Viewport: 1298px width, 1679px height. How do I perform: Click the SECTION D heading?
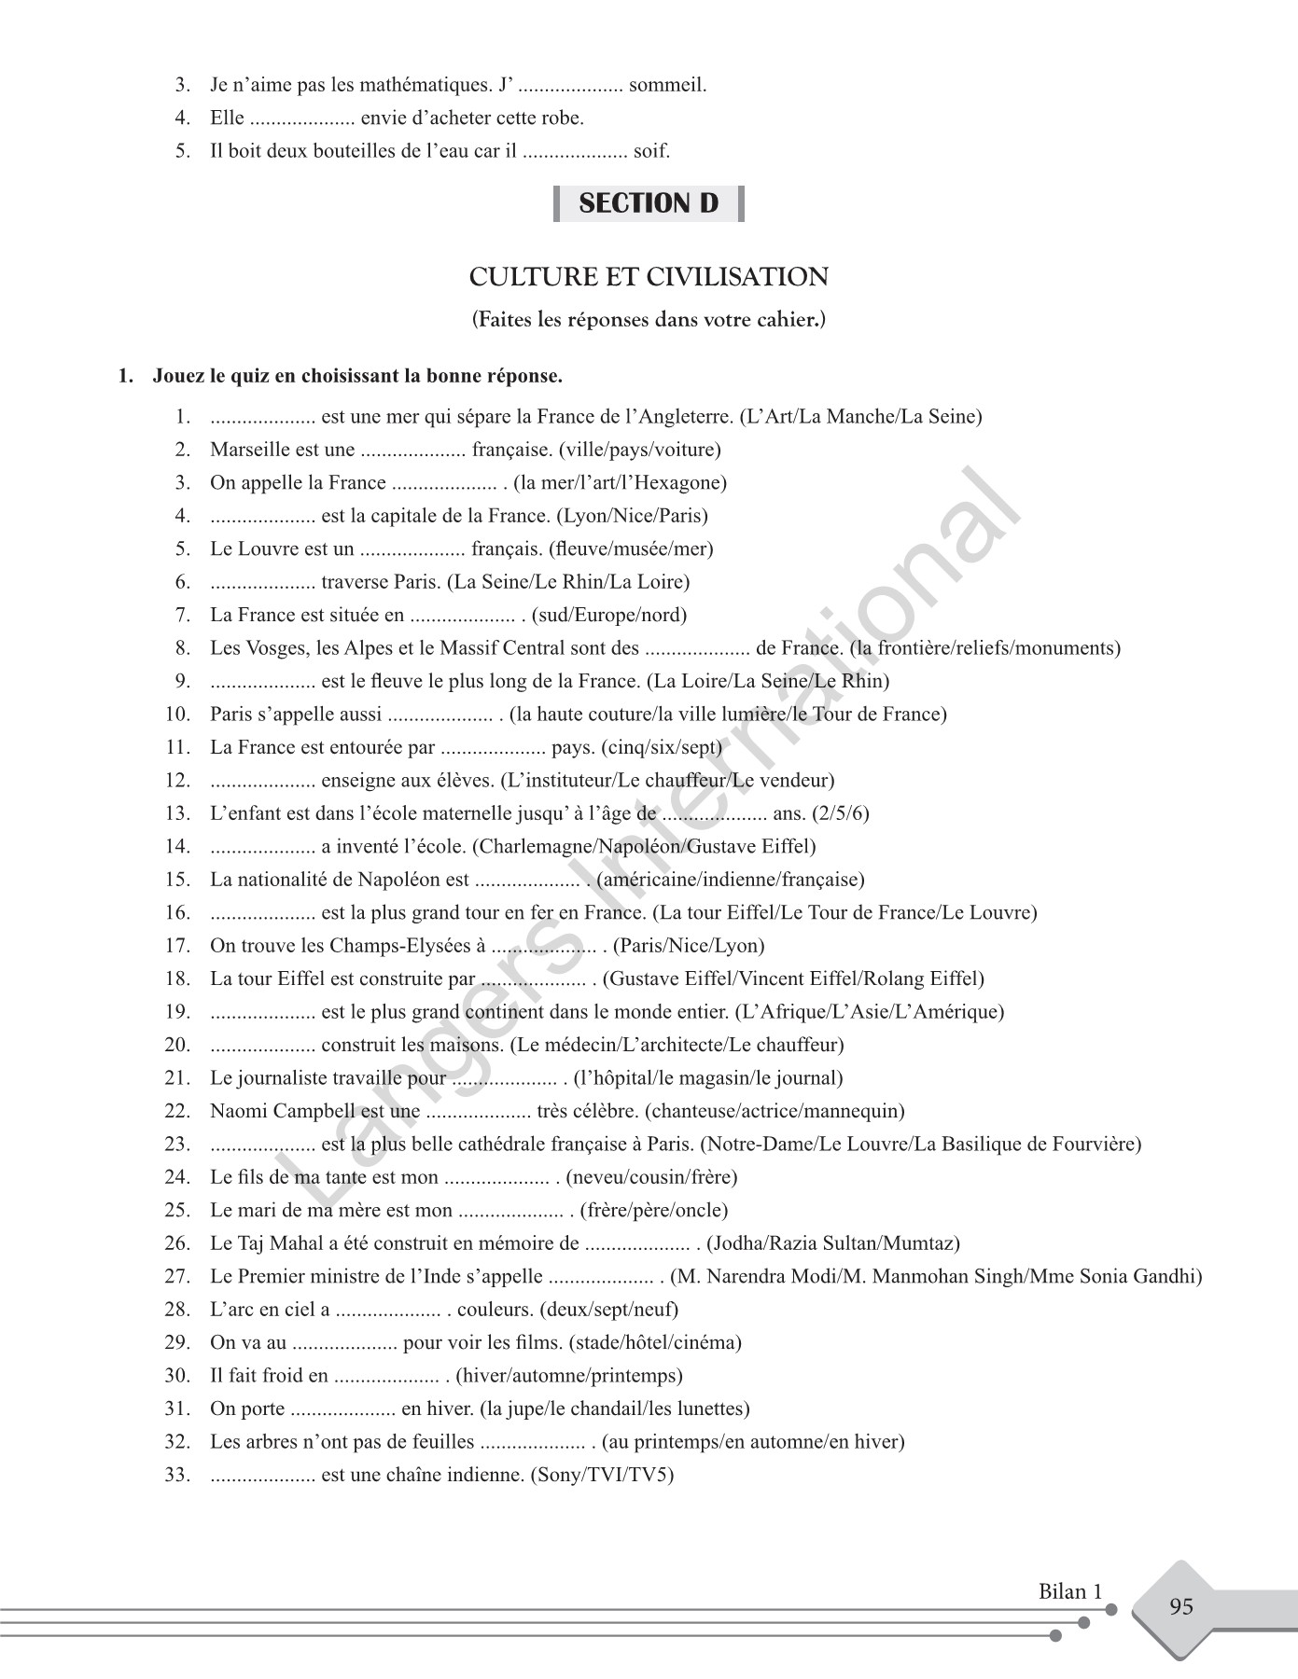649,203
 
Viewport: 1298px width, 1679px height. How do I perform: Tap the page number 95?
1180,1606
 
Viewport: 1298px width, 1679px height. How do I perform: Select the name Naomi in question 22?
237,1111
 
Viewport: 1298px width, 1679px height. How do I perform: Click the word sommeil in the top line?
667,85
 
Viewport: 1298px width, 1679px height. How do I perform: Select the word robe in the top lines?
564,118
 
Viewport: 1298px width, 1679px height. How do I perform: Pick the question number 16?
177,912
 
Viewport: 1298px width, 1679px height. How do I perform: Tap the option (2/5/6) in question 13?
840,812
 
